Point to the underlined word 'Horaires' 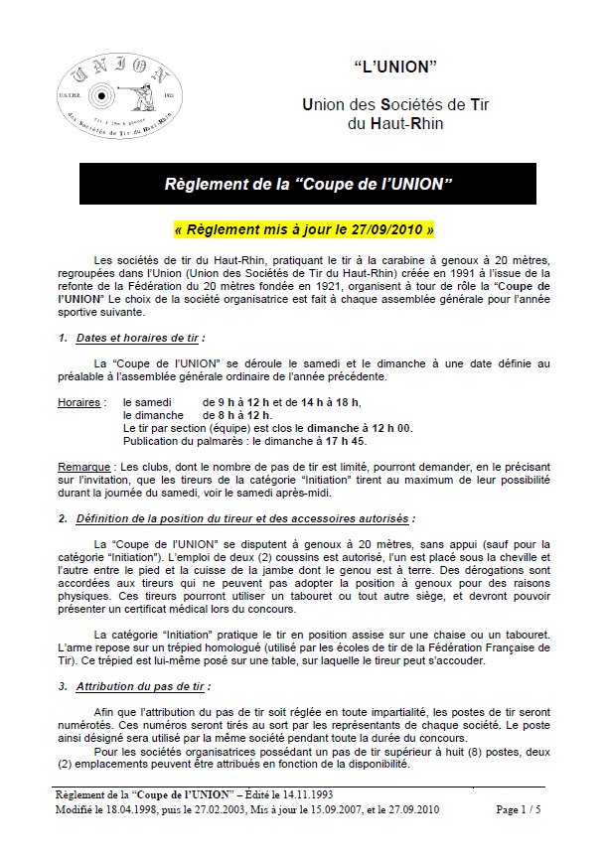click(80, 402)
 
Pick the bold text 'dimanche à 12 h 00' click(355, 427)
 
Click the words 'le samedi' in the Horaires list click(146, 402)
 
